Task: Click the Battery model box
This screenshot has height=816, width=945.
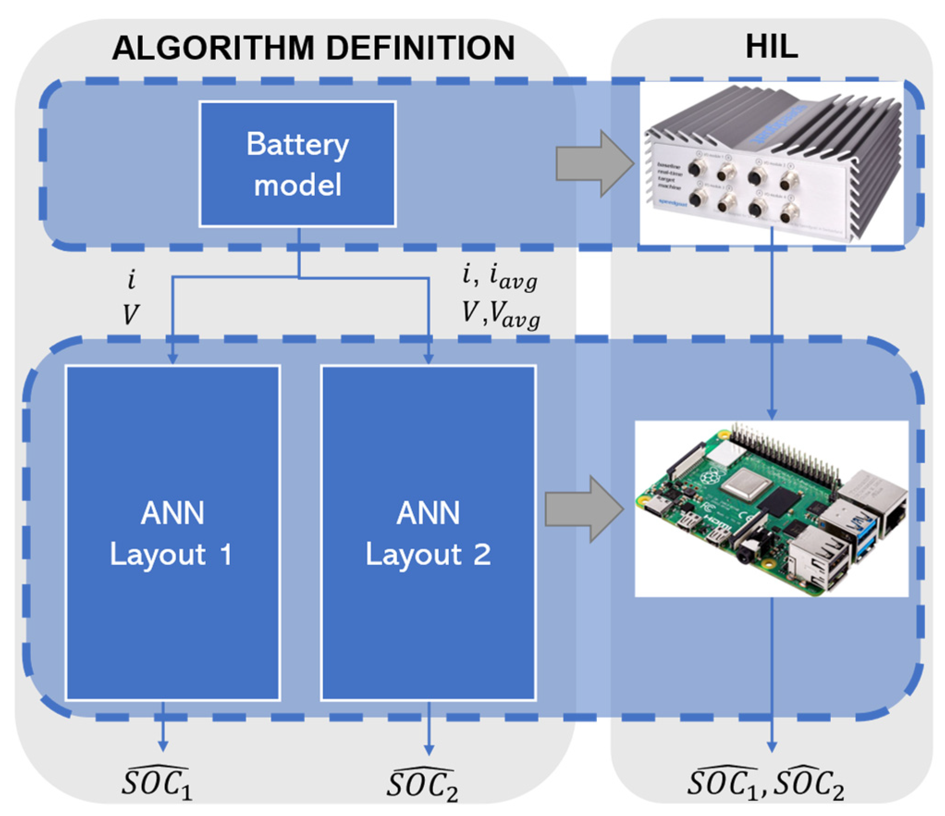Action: coord(297,164)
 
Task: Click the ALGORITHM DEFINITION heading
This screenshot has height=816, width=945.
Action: coord(313,48)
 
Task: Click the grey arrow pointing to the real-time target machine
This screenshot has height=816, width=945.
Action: coord(594,164)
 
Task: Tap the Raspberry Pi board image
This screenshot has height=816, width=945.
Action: coord(771,509)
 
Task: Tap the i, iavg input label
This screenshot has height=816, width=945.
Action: coord(499,278)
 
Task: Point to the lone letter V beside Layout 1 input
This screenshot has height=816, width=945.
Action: coord(130,315)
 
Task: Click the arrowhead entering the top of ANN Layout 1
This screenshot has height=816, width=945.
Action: coord(172,359)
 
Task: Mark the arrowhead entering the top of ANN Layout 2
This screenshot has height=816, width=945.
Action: coord(429,359)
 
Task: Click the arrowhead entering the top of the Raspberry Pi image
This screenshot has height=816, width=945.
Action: coord(772,414)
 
